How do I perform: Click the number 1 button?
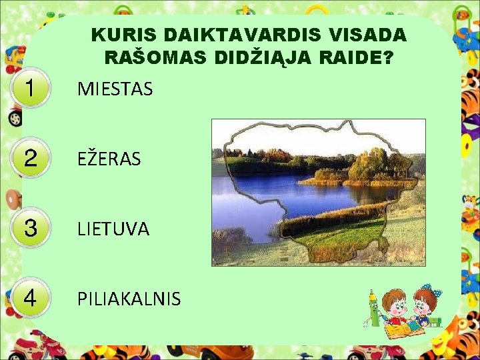coord(30,89)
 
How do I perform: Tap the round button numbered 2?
coord(30,159)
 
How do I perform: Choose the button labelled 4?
coord(30,298)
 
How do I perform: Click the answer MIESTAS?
coord(115,89)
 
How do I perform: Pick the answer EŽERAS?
coord(109,159)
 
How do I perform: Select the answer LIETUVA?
coord(113,229)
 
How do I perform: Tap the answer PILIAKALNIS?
coord(129,299)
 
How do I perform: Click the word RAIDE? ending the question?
coord(357,58)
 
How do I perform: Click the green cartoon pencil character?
coord(373,307)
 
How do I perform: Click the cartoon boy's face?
coord(397,307)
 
